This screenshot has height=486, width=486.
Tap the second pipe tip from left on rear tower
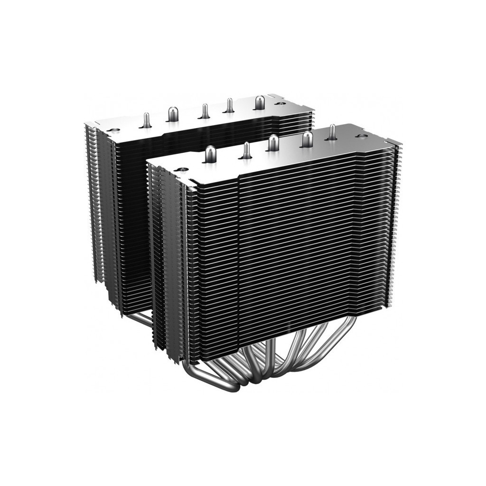coord(172,112)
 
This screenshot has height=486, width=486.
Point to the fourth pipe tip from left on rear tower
coord(229,104)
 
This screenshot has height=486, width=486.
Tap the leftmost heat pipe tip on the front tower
coord(210,153)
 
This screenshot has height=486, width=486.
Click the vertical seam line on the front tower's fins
coord(238,256)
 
